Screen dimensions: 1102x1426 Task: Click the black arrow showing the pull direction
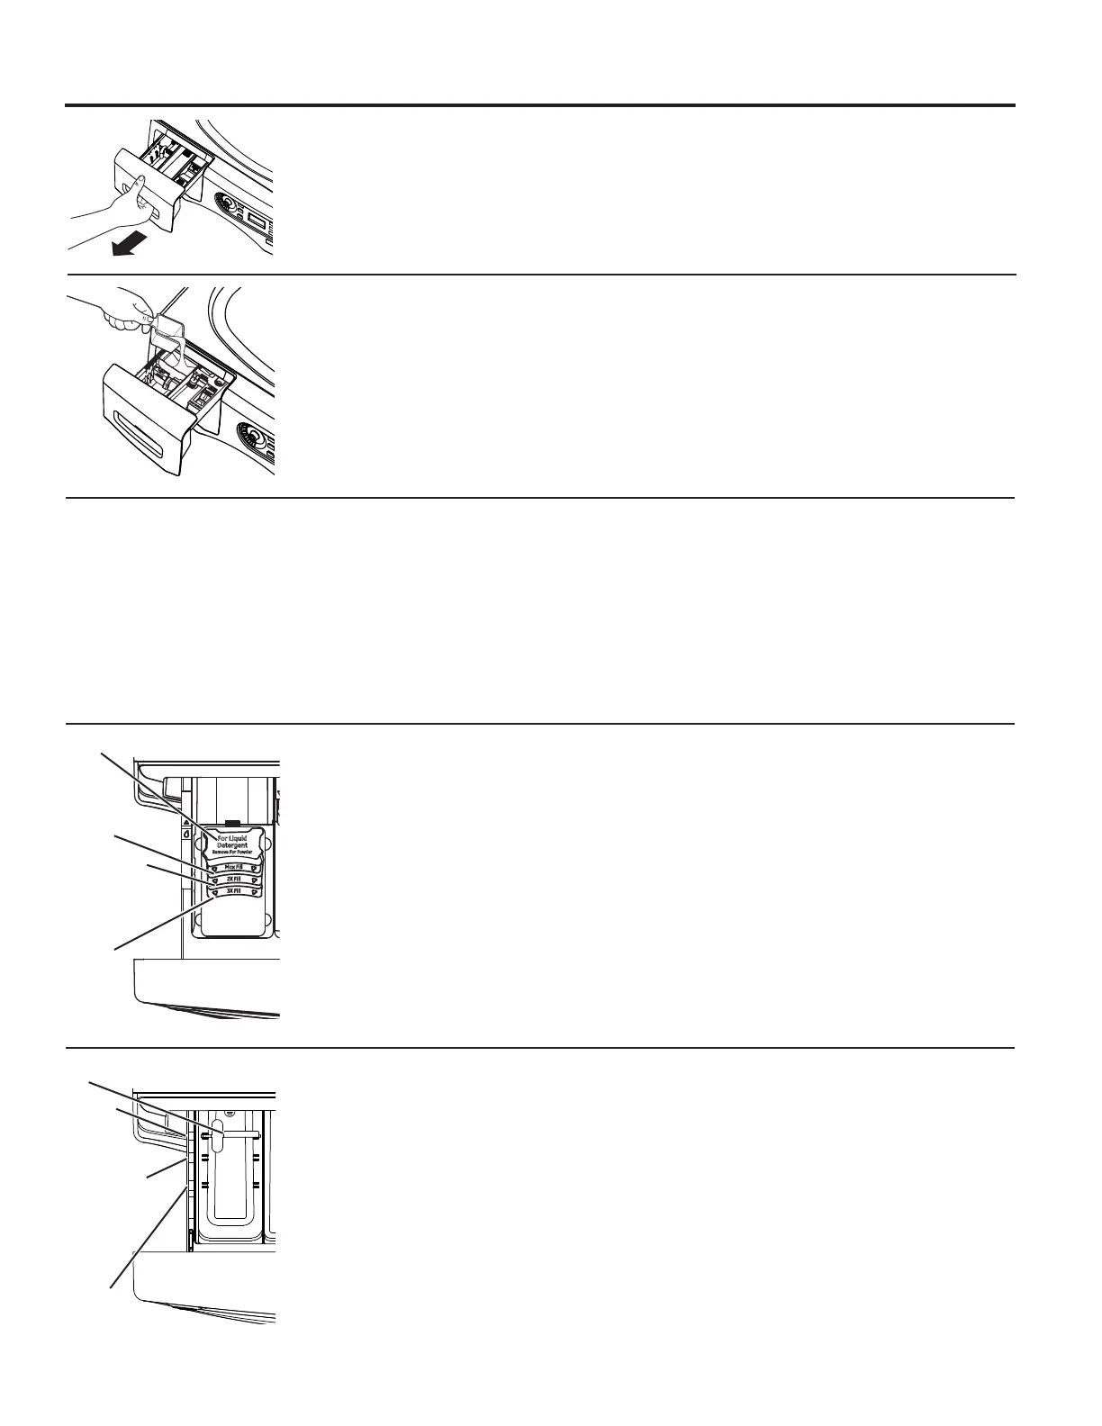coord(125,244)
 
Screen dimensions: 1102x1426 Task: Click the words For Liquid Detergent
coord(231,842)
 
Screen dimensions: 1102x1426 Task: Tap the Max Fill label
coord(233,868)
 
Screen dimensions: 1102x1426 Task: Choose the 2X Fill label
coord(233,880)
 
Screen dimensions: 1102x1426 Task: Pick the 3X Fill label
coord(233,891)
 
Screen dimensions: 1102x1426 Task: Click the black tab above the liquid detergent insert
coord(232,822)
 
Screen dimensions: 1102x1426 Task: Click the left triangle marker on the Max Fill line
coord(215,869)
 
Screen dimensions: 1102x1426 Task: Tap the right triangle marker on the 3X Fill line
coord(253,891)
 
